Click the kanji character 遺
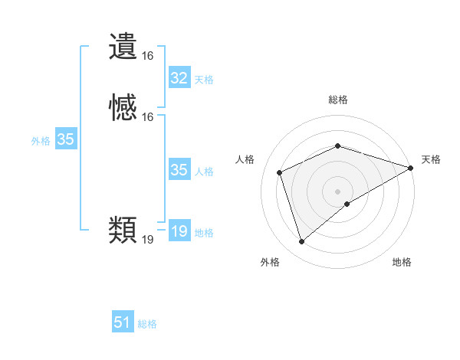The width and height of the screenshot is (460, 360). [123, 47]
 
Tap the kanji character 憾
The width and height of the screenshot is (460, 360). [123, 106]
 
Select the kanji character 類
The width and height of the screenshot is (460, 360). [123, 229]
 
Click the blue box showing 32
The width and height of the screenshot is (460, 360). [179, 78]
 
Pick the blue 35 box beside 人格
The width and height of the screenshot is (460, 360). [179, 170]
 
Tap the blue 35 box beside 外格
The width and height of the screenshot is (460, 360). [65, 139]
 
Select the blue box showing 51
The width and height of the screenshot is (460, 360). [123, 322]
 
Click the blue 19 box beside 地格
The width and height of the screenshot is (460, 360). [179, 231]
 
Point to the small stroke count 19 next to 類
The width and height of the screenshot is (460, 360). [147, 240]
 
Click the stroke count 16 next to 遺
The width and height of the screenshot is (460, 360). [147, 56]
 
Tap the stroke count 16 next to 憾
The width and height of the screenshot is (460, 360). [147, 117]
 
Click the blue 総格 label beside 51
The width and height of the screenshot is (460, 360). [147, 324]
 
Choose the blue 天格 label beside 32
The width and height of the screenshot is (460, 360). [204, 80]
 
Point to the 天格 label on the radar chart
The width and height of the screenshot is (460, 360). [431, 159]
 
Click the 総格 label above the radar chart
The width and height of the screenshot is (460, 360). [338, 100]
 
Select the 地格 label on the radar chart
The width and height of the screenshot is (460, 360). [402, 263]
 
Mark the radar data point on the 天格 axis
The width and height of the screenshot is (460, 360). [411, 168]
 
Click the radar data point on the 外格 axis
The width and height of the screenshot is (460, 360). [301, 242]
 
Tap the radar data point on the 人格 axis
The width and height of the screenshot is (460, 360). [280, 172]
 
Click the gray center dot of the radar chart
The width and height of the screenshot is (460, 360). [338, 191]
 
